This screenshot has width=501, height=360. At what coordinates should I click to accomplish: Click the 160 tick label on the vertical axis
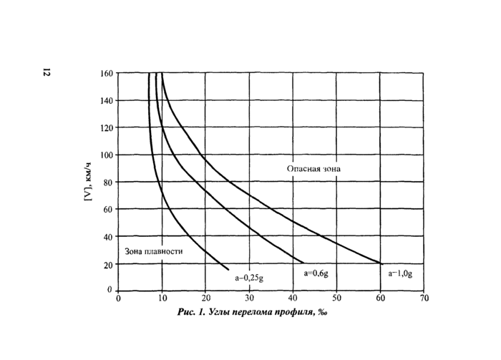[x=105, y=73]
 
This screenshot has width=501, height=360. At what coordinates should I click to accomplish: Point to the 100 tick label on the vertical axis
[x=105, y=155]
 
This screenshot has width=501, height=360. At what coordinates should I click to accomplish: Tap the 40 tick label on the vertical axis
[x=107, y=236]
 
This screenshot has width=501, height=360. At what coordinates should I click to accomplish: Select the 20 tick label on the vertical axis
[x=107, y=264]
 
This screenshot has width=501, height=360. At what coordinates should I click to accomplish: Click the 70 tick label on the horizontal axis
[x=424, y=298]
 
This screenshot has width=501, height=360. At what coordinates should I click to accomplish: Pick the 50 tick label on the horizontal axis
[x=337, y=298]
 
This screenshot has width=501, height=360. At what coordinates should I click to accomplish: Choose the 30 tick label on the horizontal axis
[x=250, y=298]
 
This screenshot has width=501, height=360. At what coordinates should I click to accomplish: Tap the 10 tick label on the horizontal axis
[x=162, y=298]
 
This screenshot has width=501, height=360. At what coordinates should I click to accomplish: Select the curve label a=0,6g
[x=315, y=273]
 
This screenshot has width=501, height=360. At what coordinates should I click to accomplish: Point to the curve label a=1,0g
[x=402, y=273]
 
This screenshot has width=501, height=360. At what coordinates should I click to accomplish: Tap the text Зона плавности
[x=153, y=251]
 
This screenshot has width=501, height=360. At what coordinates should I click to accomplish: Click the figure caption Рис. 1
[x=193, y=312]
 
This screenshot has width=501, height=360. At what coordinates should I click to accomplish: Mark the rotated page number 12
[x=47, y=72]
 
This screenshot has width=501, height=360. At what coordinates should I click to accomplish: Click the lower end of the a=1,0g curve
[x=381, y=263]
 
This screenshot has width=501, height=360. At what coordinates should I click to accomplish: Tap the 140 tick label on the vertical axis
[x=105, y=100]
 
